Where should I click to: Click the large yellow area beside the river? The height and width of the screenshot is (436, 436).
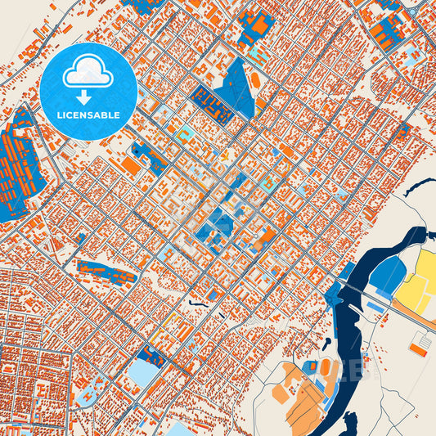420,278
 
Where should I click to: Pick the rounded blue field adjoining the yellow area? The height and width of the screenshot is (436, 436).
386,275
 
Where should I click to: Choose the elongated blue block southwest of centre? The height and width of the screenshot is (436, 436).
106,272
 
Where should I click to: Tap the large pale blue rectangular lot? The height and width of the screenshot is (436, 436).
144,373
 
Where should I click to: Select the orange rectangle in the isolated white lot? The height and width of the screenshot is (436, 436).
418,348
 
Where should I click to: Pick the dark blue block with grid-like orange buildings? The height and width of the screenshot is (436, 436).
210,104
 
